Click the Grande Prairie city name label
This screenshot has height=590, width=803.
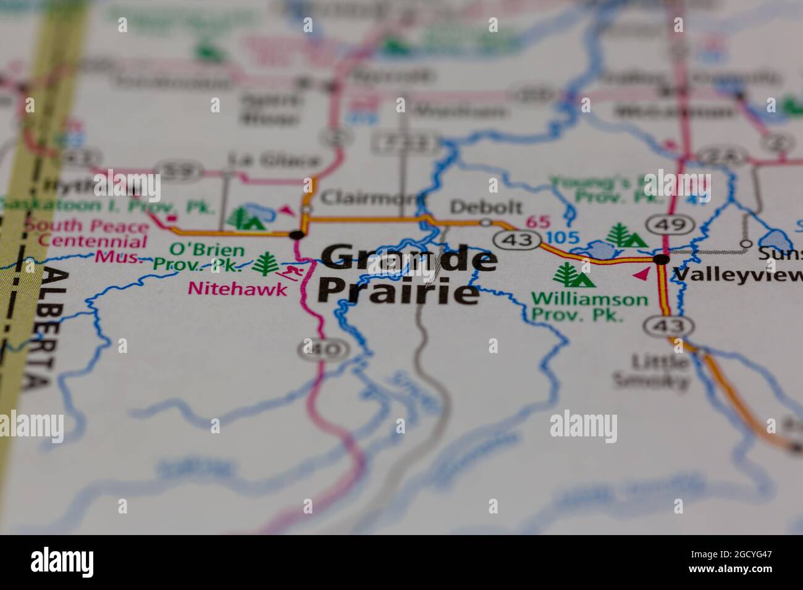405,275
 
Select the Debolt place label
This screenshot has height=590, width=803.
486,207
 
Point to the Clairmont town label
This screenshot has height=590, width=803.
369,197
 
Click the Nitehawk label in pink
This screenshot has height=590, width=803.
238,288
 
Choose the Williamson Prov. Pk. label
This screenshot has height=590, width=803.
589,307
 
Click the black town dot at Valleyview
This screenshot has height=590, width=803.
662,259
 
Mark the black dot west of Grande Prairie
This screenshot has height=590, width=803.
298,235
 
